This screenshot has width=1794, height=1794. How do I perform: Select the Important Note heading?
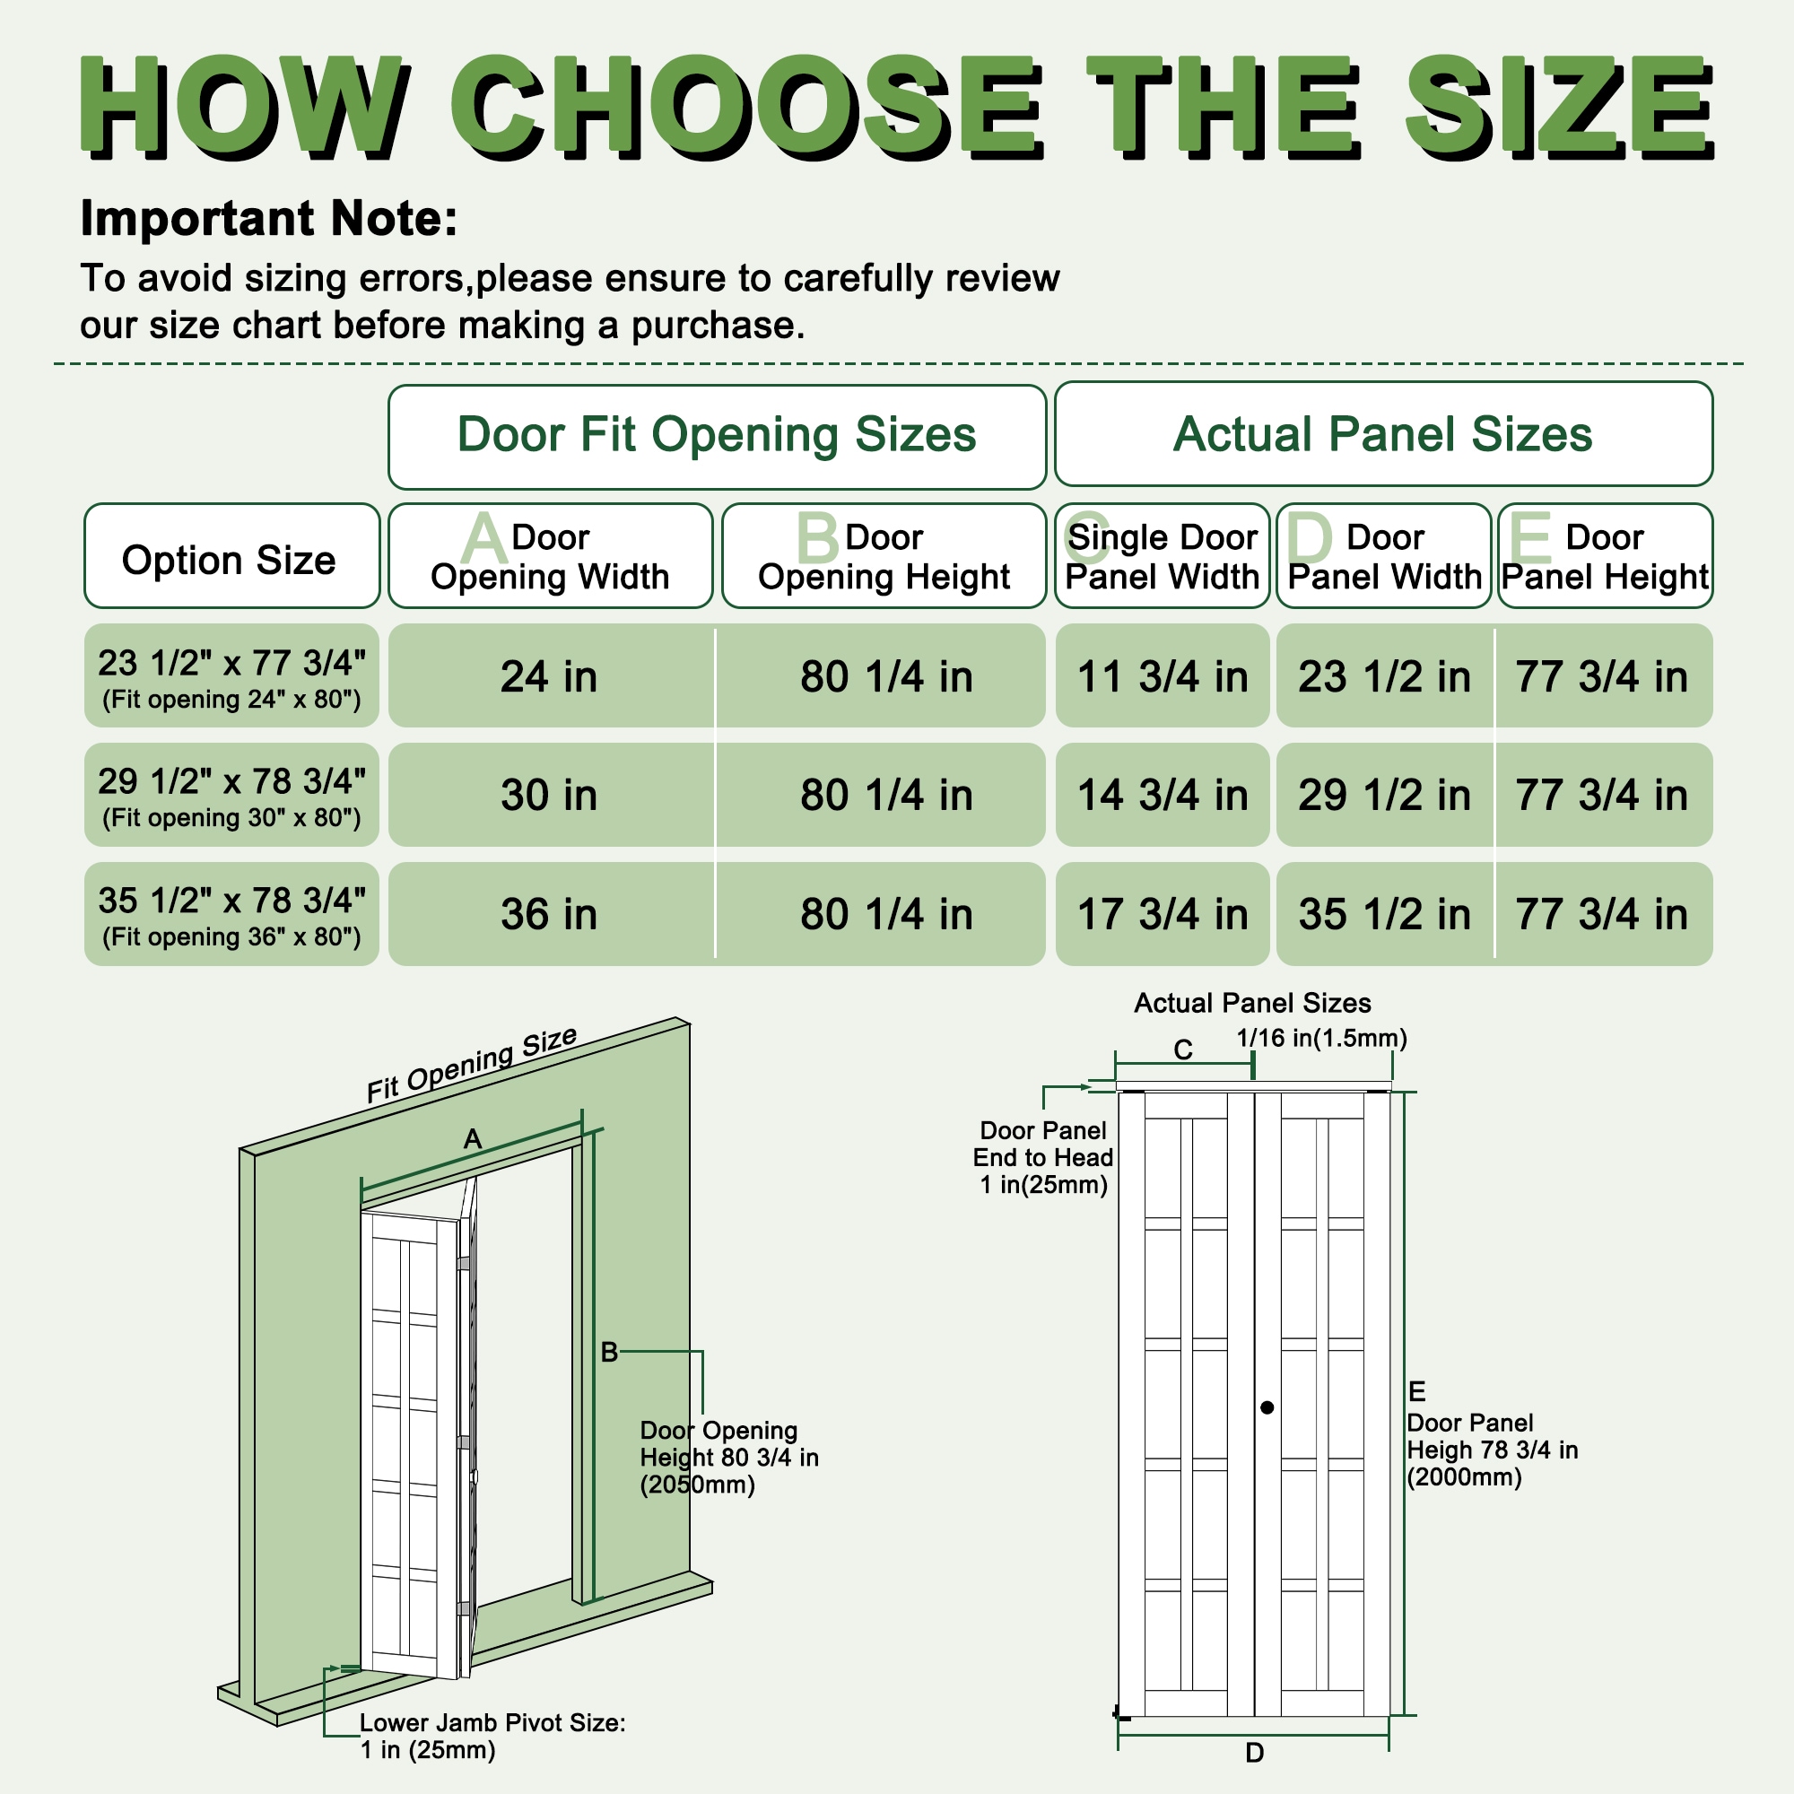269,219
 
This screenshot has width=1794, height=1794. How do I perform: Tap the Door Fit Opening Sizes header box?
717,436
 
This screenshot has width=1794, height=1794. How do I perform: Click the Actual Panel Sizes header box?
1382,434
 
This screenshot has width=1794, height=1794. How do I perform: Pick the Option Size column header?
230,560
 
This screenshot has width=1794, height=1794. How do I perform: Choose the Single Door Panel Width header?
1162,557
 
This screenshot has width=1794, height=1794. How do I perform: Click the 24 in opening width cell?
550,676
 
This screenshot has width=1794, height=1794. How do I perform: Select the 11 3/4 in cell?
1162,676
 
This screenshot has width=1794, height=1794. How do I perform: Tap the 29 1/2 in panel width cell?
1383,795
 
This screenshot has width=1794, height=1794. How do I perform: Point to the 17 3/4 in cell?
1162,914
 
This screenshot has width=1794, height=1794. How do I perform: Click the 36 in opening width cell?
550,914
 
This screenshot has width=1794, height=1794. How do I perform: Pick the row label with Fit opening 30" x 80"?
231,795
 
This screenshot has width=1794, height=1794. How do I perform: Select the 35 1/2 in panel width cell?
1383,914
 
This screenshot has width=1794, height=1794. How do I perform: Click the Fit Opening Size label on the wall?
472,1065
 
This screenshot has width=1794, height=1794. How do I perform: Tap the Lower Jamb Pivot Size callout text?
492,1736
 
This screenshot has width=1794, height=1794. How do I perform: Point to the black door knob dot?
1267,1407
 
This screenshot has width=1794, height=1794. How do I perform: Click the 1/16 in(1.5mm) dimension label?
1321,1038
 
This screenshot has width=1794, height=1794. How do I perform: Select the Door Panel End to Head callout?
1043,1157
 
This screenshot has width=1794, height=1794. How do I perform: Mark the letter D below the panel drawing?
1255,1752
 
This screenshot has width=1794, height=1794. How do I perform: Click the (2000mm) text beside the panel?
1465,1477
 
